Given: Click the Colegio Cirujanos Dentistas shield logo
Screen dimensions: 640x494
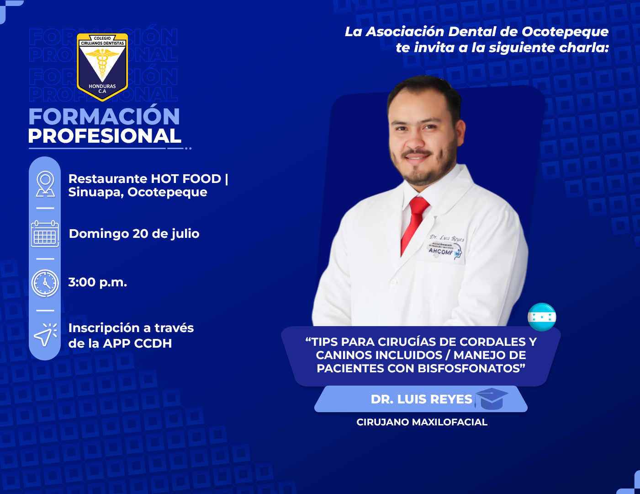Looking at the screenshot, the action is (102, 67).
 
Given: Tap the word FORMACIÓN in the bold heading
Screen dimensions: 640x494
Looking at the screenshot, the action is (104, 116).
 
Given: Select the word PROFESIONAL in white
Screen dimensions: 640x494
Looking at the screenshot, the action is (105, 136).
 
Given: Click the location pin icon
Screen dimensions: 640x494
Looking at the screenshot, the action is (45, 184).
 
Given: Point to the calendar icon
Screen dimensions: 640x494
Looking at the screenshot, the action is (45, 234).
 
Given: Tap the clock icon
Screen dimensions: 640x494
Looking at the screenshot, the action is (45, 283).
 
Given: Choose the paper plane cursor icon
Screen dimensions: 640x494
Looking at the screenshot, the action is (45, 335).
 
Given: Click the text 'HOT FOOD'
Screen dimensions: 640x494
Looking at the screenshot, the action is (186, 179).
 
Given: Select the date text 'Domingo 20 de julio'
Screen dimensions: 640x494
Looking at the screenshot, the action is (134, 234).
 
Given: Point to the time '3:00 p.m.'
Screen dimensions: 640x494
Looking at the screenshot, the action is (98, 282).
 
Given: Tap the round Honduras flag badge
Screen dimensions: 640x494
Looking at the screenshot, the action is (542, 317).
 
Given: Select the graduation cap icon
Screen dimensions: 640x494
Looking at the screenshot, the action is (491, 399).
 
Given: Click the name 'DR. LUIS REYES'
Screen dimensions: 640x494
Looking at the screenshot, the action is (422, 399).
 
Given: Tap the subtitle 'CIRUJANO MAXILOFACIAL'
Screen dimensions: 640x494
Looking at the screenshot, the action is (422, 422).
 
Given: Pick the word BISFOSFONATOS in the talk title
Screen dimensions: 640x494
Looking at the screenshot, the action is (470, 368).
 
